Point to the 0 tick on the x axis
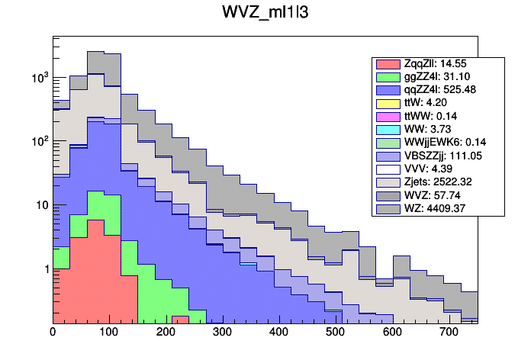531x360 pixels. (53, 333)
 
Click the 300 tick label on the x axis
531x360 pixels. (222, 333)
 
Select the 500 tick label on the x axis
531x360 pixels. (335, 333)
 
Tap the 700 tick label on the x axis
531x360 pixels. (448, 333)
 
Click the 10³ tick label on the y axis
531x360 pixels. (38, 78)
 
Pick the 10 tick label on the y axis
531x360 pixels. (40, 205)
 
